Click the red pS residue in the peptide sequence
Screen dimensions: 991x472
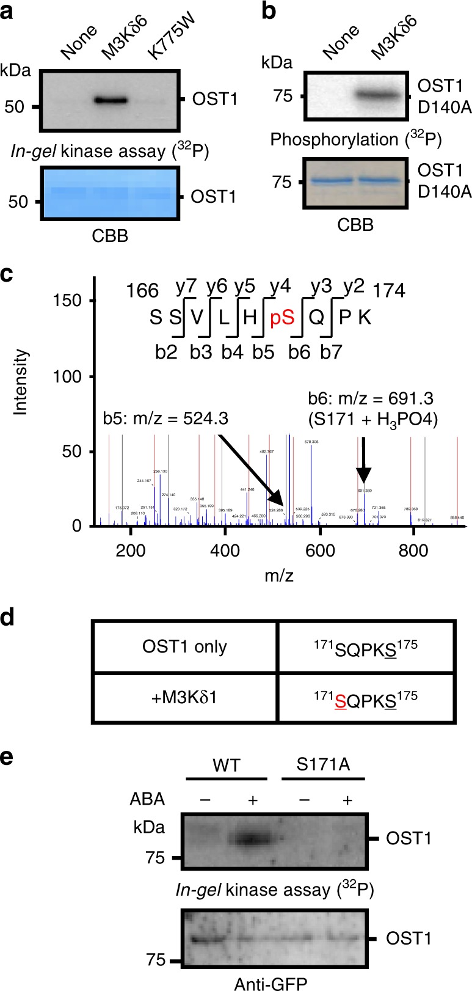pyautogui.click(x=282, y=318)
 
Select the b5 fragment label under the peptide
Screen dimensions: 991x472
pyautogui.click(x=264, y=352)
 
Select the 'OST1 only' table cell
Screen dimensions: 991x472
pyautogui.click(x=185, y=647)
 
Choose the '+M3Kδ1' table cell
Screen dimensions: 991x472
pyautogui.click(x=185, y=697)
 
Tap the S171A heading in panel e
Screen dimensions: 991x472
pyautogui.click(x=322, y=764)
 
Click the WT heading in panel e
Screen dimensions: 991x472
pyautogui.click(x=227, y=764)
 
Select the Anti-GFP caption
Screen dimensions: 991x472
pyautogui.click(x=270, y=982)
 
